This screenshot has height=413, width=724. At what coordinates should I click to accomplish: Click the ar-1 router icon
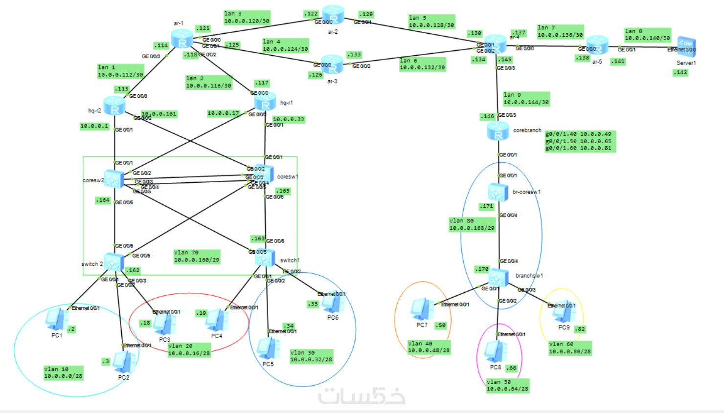[x=182, y=39]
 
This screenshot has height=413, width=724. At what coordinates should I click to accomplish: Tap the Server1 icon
[x=686, y=47]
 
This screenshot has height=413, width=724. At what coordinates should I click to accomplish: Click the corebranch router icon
[x=498, y=131]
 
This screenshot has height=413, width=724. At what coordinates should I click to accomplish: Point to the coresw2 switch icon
[x=113, y=179]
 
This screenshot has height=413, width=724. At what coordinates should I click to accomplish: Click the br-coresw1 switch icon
[x=498, y=192]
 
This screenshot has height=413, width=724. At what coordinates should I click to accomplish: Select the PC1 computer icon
[x=57, y=319]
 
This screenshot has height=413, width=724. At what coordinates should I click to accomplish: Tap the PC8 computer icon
[x=496, y=351]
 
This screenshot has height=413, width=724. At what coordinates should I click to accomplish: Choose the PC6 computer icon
[x=333, y=304]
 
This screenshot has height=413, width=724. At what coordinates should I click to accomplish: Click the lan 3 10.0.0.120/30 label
[x=247, y=18]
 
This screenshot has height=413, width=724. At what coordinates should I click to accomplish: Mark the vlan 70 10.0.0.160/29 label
[x=197, y=257]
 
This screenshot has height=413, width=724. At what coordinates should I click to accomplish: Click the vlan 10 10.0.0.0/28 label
[x=63, y=372]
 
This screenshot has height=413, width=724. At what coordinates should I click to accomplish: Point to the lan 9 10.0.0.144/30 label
[x=526, y=99]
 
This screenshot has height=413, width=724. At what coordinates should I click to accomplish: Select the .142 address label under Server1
[x=680, y=72]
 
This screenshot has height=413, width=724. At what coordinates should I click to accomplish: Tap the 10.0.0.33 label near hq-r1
[x=289, y=119]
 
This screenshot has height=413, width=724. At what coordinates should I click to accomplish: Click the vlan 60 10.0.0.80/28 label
[x=570, y=348]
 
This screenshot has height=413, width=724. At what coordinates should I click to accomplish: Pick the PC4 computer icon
[x=216, y=320]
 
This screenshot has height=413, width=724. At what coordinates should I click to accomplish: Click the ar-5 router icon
[x=597, y=45]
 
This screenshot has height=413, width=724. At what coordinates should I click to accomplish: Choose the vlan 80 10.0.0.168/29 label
[x=472, y=224]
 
